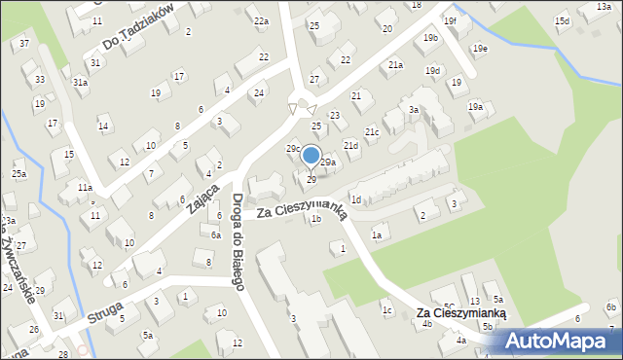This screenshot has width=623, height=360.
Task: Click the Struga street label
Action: click(104, 317)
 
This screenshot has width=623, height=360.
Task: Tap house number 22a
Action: click(261, 20)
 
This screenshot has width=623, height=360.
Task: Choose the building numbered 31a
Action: click(81, 83)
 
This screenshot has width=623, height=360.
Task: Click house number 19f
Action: click(449, 20)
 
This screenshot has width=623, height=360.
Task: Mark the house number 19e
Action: click(480, 48)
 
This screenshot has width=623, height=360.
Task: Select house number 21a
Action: click(395, 64)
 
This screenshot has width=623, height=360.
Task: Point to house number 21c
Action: click(372, 131)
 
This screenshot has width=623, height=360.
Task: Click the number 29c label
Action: click(292, 148)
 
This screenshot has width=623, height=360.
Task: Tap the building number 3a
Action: click(414, 110)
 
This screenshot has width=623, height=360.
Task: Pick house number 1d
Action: click(356, 199)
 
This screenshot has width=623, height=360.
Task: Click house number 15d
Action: click(562, 20)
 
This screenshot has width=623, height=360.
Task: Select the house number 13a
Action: click(605, 6)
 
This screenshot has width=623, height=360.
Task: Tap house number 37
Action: click(24, 44)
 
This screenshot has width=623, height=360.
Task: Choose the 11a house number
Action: click(86, 187)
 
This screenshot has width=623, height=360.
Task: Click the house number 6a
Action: click(216, 234)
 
